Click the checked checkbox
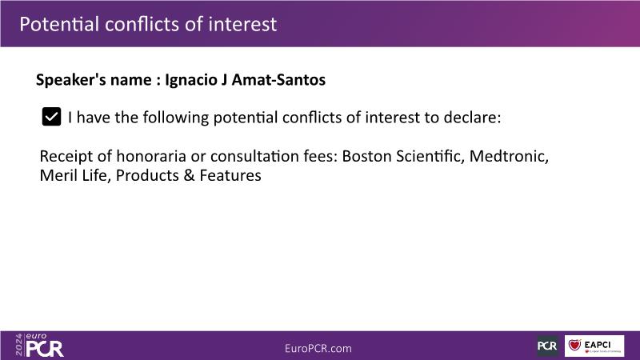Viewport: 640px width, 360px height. (51, 117)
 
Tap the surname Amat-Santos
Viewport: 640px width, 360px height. (278, 79)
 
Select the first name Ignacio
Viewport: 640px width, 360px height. (191, 80)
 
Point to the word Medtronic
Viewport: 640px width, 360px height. (509, 156)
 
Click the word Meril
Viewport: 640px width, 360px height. (58, 175)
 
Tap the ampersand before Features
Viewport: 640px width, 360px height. (189, 175)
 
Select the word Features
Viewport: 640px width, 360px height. (230, 175)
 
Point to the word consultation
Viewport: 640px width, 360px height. (254, 156)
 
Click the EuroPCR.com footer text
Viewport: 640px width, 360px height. (318, 349)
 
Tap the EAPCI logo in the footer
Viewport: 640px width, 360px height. (594, 346)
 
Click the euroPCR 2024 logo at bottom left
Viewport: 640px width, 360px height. (39, 346)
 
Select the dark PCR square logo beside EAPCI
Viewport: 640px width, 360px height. (547, 346)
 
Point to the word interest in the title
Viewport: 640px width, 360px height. (242, 24)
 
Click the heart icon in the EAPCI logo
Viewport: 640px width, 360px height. (574, 345)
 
